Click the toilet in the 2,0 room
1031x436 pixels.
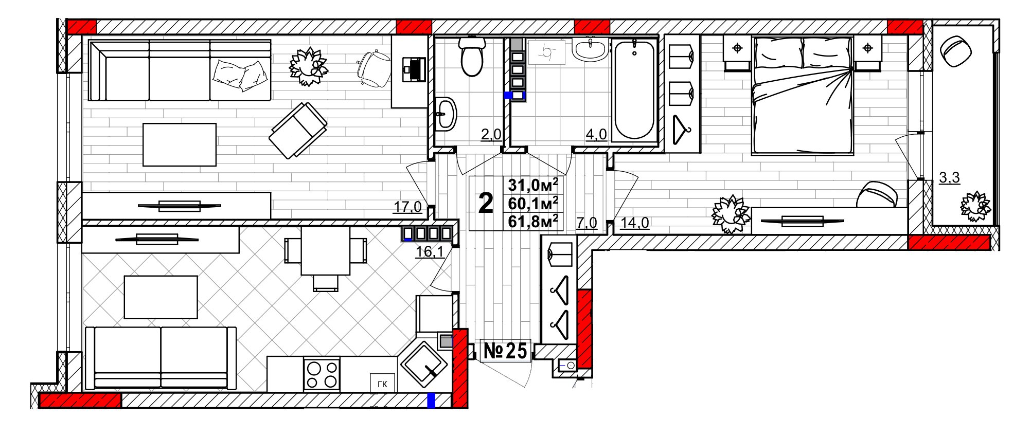(472, 56)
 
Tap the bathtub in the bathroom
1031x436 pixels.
(634, 90)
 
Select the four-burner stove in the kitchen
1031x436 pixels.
(322, 374)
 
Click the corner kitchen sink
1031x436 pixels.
(423, 365)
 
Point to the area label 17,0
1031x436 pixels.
(407, 207)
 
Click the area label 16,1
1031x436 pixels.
(429, 251)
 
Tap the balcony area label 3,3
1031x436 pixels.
(949, 177)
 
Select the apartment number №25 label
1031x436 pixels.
(505, 351)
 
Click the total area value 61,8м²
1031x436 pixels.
(533, 222)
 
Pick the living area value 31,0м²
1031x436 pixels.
(533, 185)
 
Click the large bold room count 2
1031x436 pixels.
(486, 203)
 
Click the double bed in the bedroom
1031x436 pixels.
(802, 95)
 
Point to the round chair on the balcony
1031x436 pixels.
(956, 50)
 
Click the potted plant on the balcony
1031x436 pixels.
(975, 206)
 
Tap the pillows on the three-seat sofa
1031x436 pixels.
(240, 75)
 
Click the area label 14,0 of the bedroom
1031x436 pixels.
(634, 223)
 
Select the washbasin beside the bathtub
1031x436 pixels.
(590, 49)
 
